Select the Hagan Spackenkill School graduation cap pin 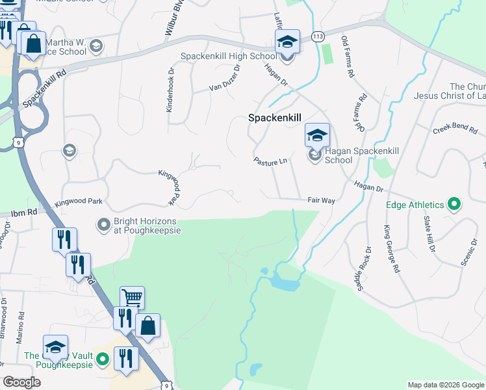(317, 135)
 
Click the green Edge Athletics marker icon (454, 205)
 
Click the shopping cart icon (132, 298)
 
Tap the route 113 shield (318, 36)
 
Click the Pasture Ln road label (270, 161)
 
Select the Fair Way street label (321, 201)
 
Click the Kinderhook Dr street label (171, 91)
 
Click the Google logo (22, 382)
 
